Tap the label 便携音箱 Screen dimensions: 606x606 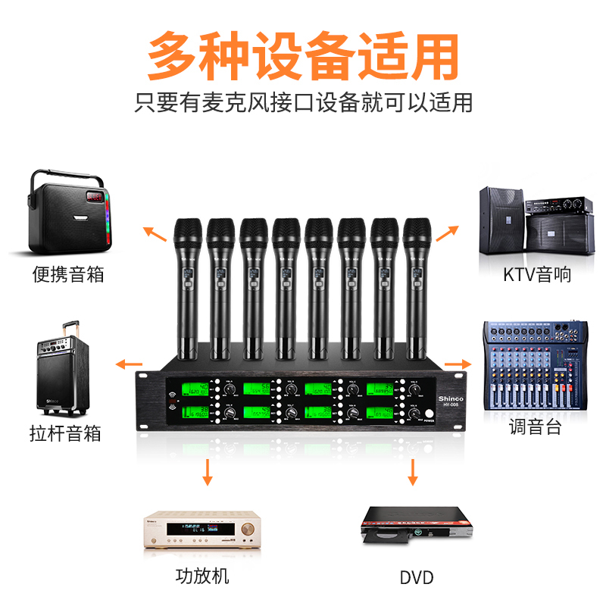pyautogui.click(x=67, y=273)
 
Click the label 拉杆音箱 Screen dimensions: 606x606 pyautogui.click(x=67, y=434)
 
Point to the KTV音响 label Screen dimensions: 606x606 pyautogui.click(x=537, y=273)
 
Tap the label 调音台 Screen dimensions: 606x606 pyautogui.click(x=535, y=426)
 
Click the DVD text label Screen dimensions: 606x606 pyautogui.click(x=416, y=578)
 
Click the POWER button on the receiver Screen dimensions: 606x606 pyautogui.click(x=429, y=415)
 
